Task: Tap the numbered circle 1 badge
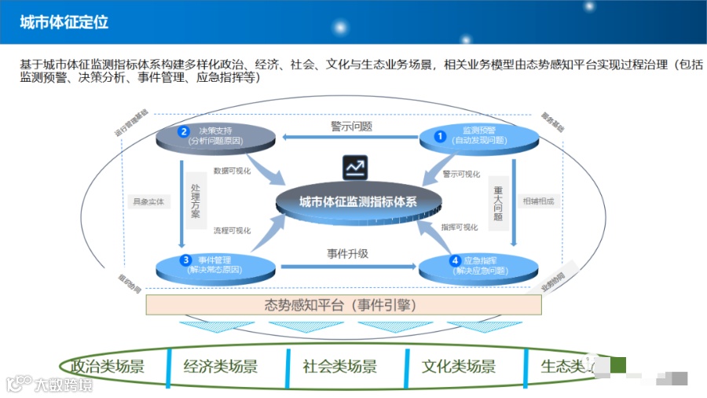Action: (441, 136)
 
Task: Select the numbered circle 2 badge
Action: (184, 131)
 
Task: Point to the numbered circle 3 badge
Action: (185, 260)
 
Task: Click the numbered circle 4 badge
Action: (454, 260)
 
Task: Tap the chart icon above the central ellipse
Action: (355, 168)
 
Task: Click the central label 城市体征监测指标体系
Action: (357, 201)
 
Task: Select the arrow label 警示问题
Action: (351, 126)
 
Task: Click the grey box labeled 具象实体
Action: (148, 201)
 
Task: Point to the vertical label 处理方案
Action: (196, 201)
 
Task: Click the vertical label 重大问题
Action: (497, 202)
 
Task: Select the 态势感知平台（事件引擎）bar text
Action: (340, 304)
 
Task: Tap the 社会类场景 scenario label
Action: (340, 366)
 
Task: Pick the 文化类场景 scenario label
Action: (459, 366)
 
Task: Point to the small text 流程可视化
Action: (233, 230)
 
